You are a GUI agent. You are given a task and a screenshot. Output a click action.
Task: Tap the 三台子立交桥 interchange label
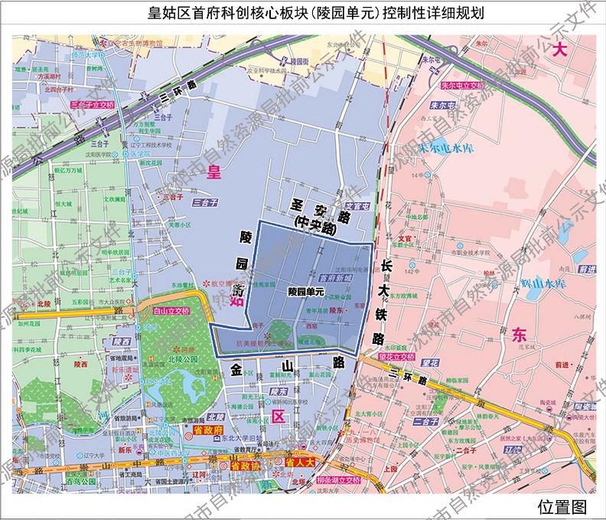(x=91, y=103)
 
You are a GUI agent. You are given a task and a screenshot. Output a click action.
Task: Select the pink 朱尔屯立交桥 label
(x=464, y=86)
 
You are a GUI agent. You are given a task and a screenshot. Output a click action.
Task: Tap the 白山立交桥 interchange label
(x=171, y=312)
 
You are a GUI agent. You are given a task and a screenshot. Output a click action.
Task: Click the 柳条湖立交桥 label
(x=337, y=479)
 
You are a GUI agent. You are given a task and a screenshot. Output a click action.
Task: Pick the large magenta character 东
(x=521, y=335)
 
